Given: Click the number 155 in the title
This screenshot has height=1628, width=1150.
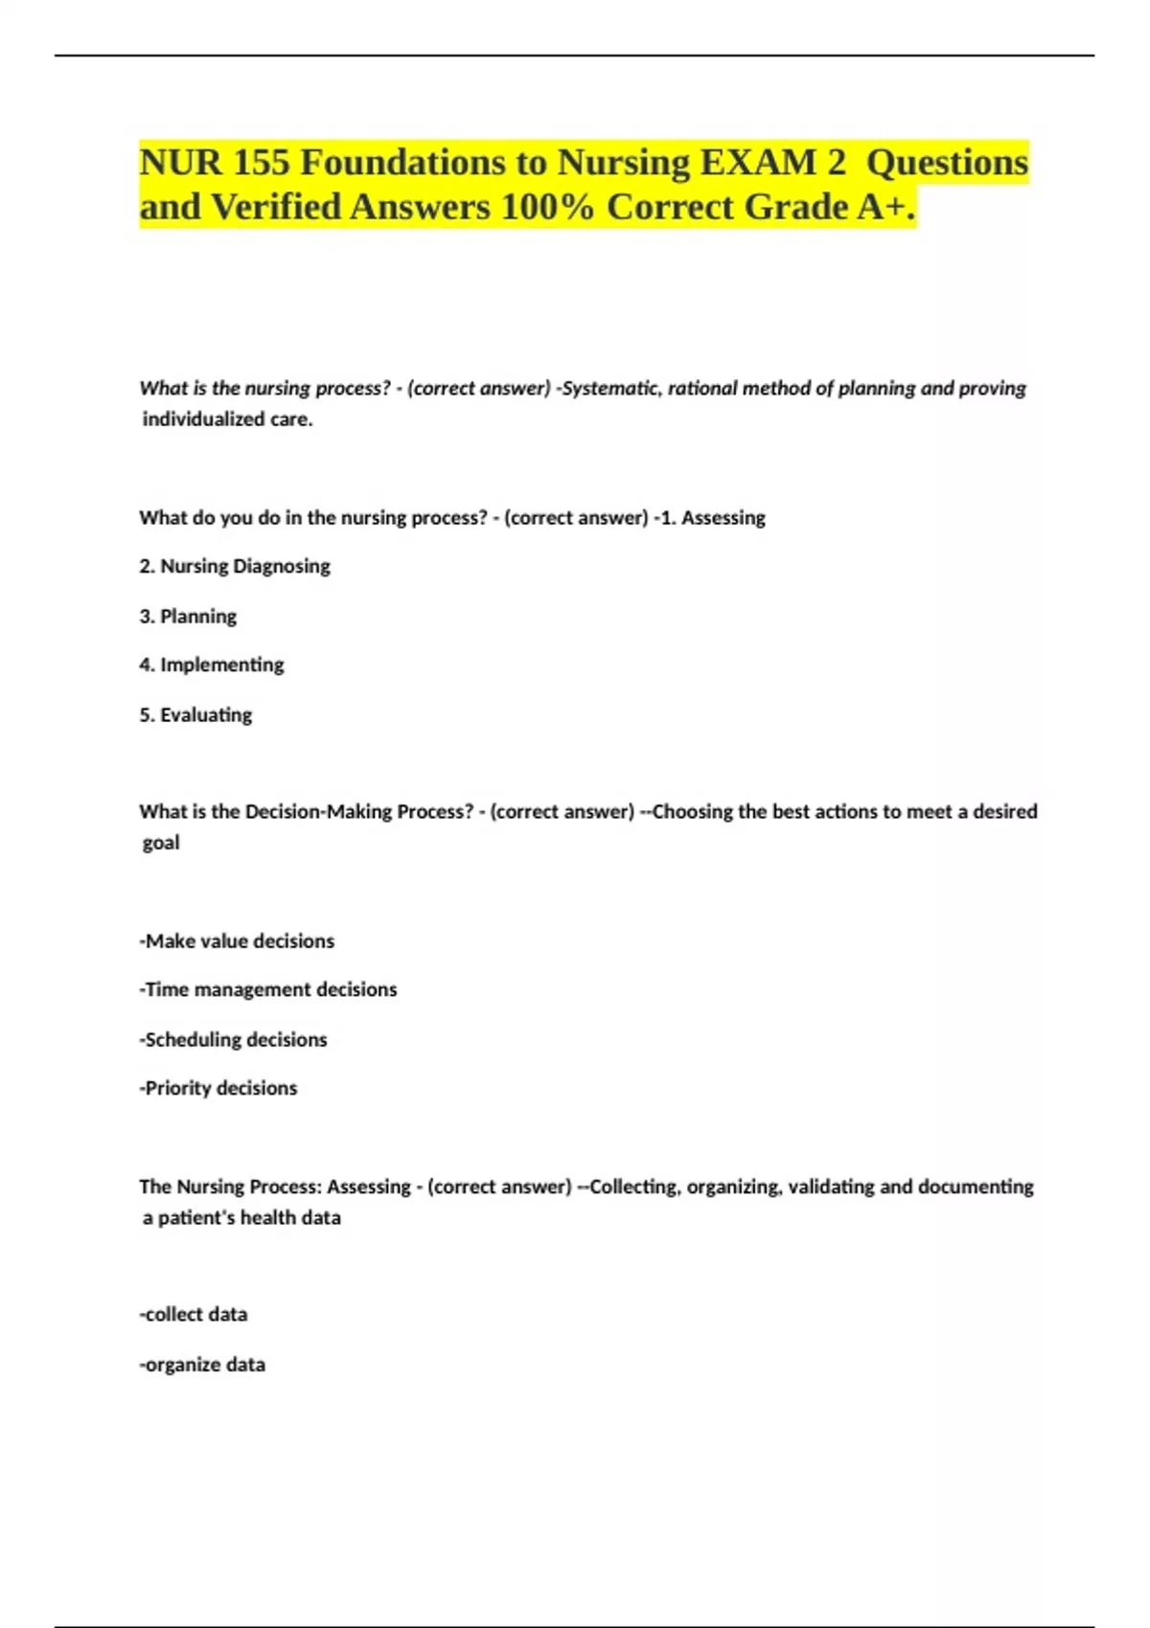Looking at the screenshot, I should [261, 163].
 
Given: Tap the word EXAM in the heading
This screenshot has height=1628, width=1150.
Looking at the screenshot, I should [757, 163].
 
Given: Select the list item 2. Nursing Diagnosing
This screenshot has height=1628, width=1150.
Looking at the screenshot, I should [235, 566].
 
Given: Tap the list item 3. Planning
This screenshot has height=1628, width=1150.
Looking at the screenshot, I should [188, 616].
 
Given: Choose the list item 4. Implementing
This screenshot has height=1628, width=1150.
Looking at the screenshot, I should [212, 665].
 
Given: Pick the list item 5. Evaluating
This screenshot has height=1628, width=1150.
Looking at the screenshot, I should [195, 714].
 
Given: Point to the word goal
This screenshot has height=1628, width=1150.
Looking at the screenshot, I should [161, 843].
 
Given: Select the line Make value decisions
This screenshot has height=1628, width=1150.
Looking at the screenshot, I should [237, 940].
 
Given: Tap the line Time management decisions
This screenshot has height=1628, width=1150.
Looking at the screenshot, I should [268, 989].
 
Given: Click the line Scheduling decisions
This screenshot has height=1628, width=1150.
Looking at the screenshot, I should [233, 1039].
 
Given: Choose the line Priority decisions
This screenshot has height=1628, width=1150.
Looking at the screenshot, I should [218, 1088].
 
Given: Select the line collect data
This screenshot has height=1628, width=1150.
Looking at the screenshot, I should [194, 1314].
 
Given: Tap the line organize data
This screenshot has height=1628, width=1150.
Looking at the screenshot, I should [202, 1365].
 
